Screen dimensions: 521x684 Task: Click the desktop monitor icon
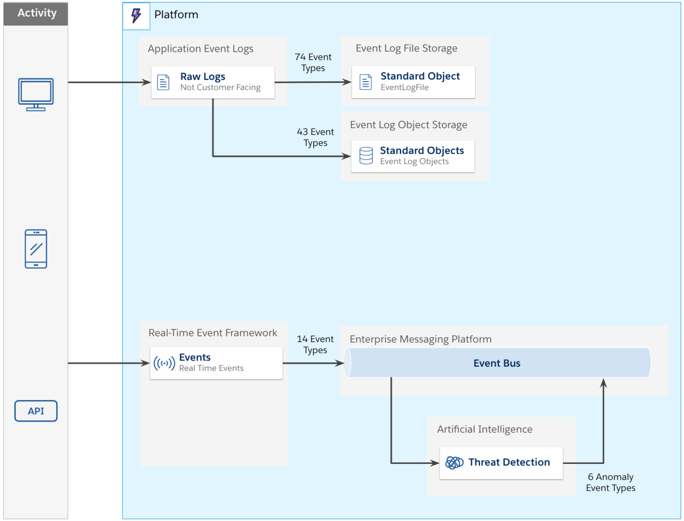pos(36,94)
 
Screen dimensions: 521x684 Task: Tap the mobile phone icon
pos(36,249)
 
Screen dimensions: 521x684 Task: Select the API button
pos(36,411)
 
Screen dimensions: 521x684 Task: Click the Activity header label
pos(36,13)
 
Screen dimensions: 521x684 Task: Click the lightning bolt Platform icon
pos(136,16)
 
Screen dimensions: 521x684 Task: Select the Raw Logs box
pos(213,82)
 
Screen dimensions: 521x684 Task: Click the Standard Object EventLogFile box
pos(413,82)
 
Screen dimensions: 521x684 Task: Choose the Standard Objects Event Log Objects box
pos(413,156)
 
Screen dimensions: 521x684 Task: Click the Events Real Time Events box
pos(216,363)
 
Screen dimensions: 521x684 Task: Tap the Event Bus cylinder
pos(497,363)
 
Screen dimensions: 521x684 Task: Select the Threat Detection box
pos(501,463)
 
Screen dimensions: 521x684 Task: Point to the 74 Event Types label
pos(313,62)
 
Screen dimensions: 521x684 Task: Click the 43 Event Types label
pos(315,137)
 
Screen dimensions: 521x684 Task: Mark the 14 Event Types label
pos(315,345)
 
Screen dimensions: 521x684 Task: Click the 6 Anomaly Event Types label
pos(610,483)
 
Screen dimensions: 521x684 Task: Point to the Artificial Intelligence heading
pos(484,429)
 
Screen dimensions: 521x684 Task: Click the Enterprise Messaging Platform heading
pos(420,339)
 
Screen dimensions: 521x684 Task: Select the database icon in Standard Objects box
pos(366,156)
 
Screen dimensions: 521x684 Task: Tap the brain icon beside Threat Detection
pos(455,463)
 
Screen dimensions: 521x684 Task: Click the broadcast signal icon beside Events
pos(164,364)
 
